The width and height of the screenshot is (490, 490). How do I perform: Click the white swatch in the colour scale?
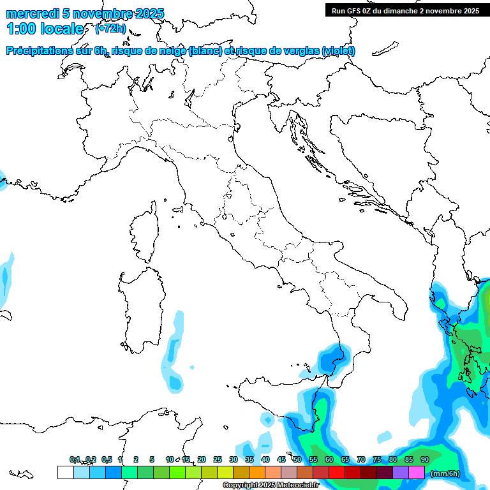coord(65,472)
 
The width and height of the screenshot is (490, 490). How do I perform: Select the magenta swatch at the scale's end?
coord(417,472)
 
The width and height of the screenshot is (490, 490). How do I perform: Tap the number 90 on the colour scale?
coord(425,459)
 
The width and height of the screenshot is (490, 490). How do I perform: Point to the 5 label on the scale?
coord(152,459)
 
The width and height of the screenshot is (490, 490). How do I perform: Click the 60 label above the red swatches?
coord(329,459)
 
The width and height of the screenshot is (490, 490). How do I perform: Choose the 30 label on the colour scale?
coord(234,459)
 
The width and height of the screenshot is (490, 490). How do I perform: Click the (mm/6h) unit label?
coord(445,473)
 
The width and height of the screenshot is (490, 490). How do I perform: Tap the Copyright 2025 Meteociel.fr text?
coord(271,486)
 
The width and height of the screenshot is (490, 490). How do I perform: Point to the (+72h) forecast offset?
coord(110,29)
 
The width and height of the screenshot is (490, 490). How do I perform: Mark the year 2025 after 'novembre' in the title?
coord(149,13)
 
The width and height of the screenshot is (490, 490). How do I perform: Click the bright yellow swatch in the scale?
coord(225,472)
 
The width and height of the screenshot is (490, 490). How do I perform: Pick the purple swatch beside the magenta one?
coord(401,472)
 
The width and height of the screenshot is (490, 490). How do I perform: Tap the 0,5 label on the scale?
coord(107,459)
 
